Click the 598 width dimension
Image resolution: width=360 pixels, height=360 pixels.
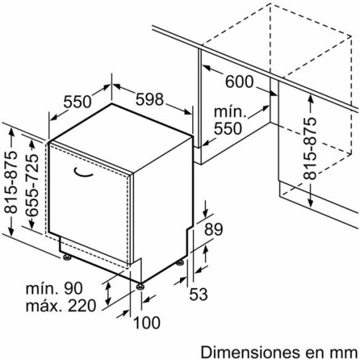(149, 99)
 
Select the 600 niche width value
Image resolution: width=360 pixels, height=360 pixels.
(239, 81)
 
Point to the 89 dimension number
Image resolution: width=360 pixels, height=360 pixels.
(213, 229)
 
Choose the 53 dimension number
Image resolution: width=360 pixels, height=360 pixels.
(199, 294)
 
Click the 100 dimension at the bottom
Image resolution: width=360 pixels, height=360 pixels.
(147, 323)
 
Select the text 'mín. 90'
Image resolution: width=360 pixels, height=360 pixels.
(54, 288)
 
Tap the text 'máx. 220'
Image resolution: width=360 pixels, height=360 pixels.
(61, 305)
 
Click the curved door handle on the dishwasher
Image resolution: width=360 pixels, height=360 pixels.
(83, 174)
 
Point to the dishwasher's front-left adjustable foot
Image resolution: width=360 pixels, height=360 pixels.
(67, 257)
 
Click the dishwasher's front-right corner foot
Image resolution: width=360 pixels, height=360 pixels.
(140, 287)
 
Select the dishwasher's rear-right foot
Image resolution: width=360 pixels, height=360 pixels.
(180, 263)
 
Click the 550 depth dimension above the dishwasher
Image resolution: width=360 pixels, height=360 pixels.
(77, 102)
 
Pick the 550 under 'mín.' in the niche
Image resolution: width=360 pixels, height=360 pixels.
(228, 128)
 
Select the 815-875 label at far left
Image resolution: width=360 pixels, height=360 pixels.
(12, 182)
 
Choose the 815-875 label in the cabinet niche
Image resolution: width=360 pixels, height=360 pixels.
(310, 148)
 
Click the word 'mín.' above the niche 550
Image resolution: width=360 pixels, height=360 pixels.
(230, 112)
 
